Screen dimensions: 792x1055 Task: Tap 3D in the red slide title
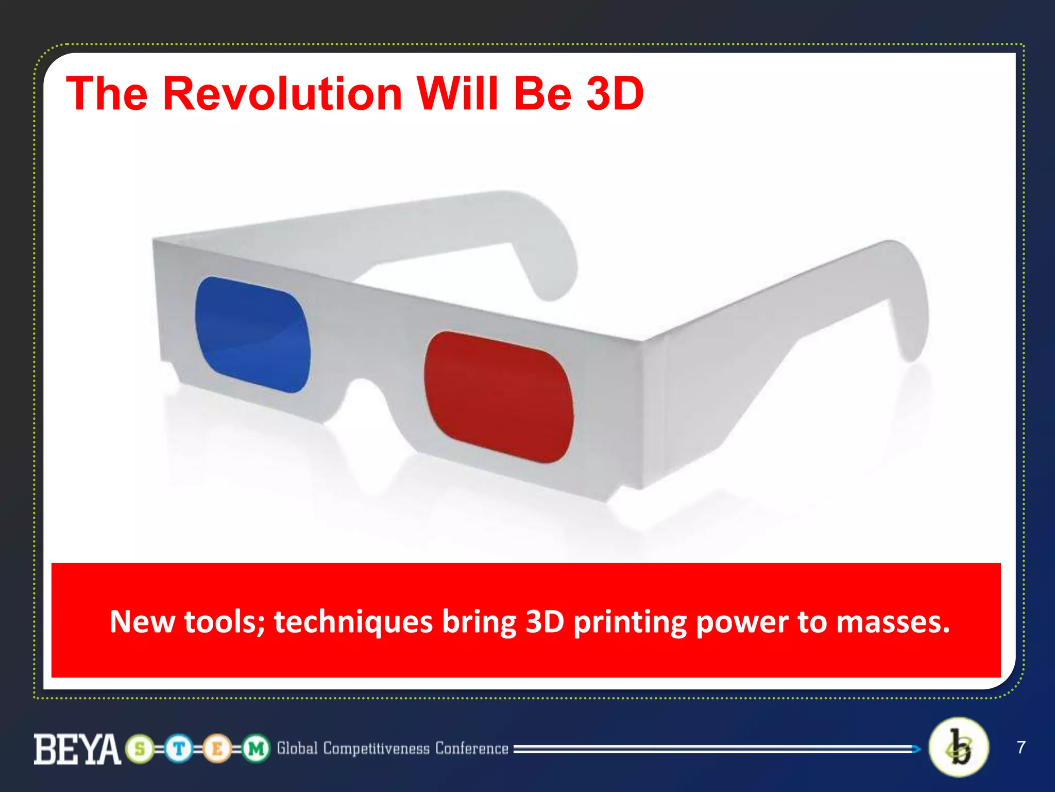pos(615,94)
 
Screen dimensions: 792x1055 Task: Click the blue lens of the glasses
pos(252,334)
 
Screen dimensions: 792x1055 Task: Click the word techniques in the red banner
pos(353,622)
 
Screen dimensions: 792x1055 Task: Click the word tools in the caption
pos(220,622)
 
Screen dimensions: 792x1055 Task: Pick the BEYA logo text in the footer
pos(77,749)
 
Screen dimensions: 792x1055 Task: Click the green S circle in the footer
pos(140,749)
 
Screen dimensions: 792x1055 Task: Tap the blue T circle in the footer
pos(179,749)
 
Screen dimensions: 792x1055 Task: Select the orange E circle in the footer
pos(217,749)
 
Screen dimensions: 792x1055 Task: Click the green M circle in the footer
pos(256,749)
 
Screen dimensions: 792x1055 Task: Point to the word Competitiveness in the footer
pos(376,749)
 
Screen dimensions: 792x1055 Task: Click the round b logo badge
pos(959,747)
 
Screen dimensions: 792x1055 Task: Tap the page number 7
pos(1021,747)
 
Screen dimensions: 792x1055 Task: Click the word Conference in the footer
pos(471,749)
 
